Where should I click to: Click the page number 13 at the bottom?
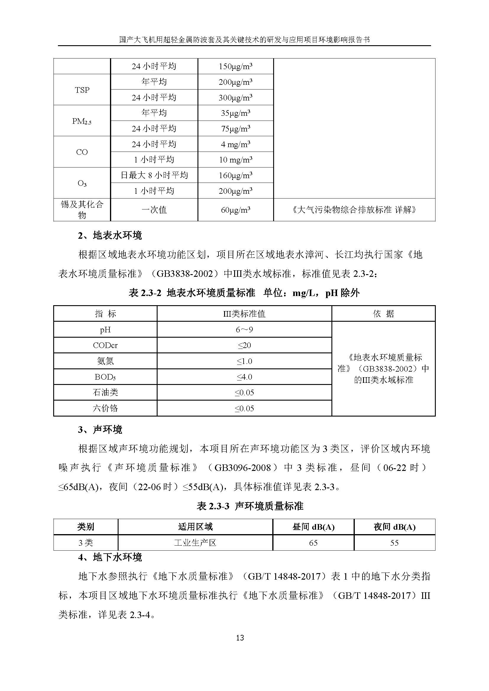coord(240,638)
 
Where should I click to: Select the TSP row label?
coord(82,90)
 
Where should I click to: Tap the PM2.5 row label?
coord(82,121)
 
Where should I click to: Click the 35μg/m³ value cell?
coord(235,113)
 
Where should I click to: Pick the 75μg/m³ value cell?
coord(235,129)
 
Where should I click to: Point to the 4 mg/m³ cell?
coord(235,144)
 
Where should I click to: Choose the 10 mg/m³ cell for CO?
coord(235,160)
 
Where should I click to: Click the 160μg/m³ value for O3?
coord(235,175)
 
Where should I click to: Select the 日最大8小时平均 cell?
coord(154,175)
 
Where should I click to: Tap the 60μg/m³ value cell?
coord(235,210)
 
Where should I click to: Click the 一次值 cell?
coord(154,210)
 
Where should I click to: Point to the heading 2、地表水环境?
coord(110,235)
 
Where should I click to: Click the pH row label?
coord(105,330)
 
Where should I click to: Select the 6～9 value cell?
coord(244,330)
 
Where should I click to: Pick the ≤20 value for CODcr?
coord(244,345)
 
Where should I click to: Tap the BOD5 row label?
coord(105,377)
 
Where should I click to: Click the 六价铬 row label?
coord(105,408)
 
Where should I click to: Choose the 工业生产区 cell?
coord(195,543)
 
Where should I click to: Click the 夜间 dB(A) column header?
coord(394,527)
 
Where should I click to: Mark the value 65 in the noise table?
coord(313,543)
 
